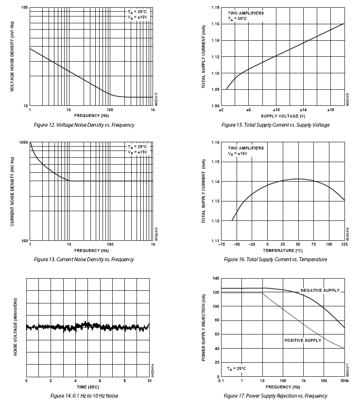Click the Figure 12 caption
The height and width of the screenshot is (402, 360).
84,125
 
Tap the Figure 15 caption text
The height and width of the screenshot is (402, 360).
275,125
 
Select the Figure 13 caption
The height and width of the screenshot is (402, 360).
84,259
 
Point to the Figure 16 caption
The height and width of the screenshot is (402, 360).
275,259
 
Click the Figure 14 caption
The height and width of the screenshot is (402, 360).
84,396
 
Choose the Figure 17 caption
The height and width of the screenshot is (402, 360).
275,396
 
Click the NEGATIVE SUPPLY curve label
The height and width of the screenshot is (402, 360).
320,290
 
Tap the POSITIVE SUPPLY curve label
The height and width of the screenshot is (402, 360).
303,340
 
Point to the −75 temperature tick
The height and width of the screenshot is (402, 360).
221,244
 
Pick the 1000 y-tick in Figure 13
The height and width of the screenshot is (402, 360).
23,142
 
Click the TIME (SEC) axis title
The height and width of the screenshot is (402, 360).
87,387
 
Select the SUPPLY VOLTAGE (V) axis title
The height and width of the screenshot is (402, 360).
283,116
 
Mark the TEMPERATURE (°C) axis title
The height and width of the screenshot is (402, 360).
283,251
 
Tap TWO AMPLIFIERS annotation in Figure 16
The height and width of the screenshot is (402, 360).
246,148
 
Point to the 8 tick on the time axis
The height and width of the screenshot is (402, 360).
125,381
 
